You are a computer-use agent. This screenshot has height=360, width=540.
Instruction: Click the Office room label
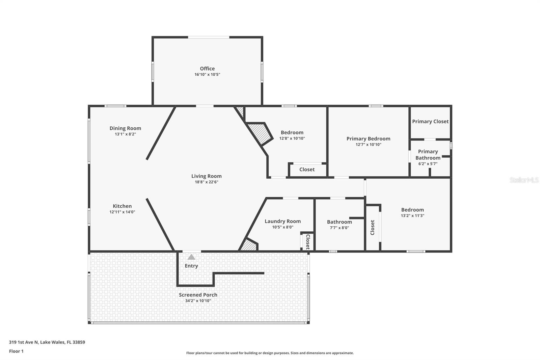[x=207, y=69]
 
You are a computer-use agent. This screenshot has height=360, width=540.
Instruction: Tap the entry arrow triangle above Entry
[x=191, y=257]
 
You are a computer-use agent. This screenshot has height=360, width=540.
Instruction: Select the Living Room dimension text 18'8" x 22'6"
[x=206, y=182]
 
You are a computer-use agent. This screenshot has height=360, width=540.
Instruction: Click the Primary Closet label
[x=430, y=122]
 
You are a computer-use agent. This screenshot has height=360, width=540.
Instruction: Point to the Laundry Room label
[x=282, y=221]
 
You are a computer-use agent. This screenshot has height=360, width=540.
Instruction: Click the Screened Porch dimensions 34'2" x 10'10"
[x=198, y=301]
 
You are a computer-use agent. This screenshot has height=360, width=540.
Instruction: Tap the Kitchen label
[x=122, y=206]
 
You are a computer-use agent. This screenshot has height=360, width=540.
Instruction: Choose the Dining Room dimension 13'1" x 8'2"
[x=125, y=134]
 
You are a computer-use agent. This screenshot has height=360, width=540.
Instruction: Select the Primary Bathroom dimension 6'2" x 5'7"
[x=428, y=164]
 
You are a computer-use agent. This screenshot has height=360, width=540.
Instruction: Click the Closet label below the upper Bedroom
[x=307, y=170]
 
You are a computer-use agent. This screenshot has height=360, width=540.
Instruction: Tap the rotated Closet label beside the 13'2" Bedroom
[x=372, y=227]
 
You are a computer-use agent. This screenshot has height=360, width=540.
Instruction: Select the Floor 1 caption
[x=16, y=351]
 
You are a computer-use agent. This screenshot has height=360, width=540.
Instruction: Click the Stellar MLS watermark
[x=524, y=180]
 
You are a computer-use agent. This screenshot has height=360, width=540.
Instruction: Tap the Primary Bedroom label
[x=368, y=139]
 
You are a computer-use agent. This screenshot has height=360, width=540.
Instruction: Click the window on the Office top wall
[x=209, y=37]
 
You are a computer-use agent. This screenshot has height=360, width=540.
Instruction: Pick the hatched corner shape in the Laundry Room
[x=249, y=245]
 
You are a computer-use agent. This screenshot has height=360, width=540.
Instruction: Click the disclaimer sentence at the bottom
[x=270, y=353]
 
